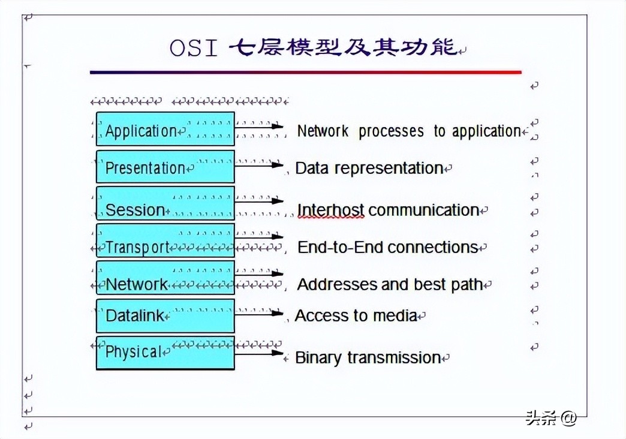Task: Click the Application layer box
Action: click(165, 128)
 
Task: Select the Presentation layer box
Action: click(165, 166)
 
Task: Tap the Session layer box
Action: click(165, 203)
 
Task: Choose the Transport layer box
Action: click(165, 240)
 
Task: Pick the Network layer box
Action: click(165, 278)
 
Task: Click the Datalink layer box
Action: click(165, 315)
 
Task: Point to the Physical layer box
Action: click(165, 353)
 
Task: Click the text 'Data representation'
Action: click(369, 168)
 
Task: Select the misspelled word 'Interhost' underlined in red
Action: click(331, 210)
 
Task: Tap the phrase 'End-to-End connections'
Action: click(387, 247)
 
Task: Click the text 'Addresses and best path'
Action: click(390, 284)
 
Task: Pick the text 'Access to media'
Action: click(356, 315)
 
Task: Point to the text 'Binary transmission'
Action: click(368, 357)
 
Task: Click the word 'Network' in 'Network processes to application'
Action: click(323, 131)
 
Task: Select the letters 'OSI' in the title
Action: click(193, 48)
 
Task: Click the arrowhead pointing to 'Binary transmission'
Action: click(278, 353)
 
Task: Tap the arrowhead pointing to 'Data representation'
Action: click(278, 164)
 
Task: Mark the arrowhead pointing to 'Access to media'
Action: click(278, 312)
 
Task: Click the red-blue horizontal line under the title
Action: click(305, 72)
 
